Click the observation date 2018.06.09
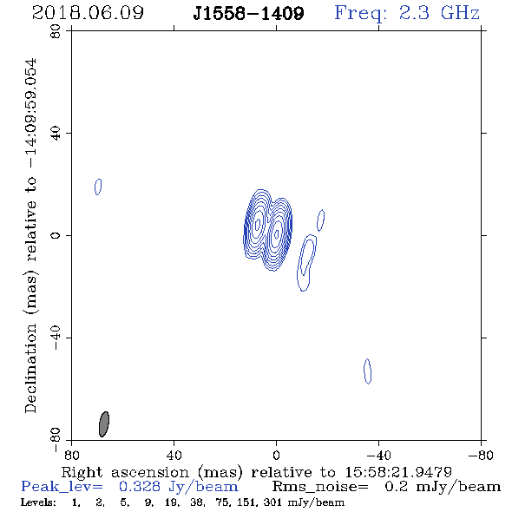pos(88,13)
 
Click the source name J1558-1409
pos(248,13)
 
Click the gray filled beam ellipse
pos(104,424)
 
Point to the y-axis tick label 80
pos(56,31)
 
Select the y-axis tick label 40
pos(56,134)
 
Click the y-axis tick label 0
pos(56,235)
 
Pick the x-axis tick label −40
pos(378,455)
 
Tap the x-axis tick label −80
pos(481,455)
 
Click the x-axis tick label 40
pos(174,455)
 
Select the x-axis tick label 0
pos(276,455)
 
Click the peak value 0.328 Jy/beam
pos(179,487)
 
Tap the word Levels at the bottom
pos(38,502)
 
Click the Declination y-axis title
pos(30,235)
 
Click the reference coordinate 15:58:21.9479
pos(398,472)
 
